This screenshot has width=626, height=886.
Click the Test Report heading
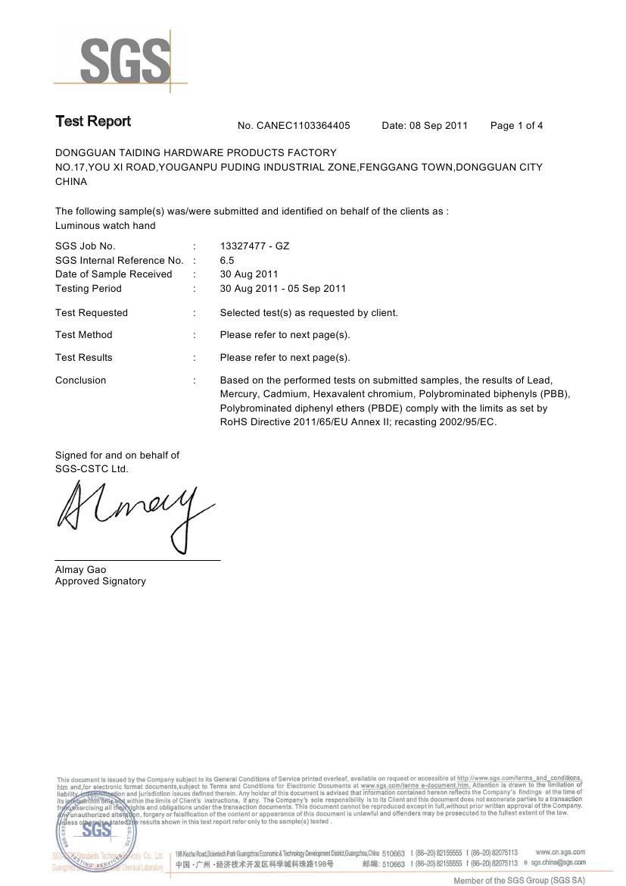point(92,122)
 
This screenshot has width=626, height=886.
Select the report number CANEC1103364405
point(304,126)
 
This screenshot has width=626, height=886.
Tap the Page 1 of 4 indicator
point(516,126)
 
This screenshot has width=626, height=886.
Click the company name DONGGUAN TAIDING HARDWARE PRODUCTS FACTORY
point(196,153)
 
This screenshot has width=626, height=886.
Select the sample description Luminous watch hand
point(105,226)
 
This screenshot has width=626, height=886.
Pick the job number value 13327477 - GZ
point(254,246)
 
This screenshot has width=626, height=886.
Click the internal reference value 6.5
point(227,261)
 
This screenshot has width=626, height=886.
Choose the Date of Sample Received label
point(114,274)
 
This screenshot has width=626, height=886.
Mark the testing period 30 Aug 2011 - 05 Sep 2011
point(282,289)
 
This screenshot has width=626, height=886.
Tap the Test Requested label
point(92,313)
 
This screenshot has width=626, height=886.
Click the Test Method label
point(83,335)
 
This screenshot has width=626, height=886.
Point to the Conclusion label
point(80,380)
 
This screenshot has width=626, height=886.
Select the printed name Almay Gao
point(80,570)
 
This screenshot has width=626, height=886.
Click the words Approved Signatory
point(100,581)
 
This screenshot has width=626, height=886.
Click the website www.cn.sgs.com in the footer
point(560,853)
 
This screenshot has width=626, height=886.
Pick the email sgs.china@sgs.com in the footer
point(558,863)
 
